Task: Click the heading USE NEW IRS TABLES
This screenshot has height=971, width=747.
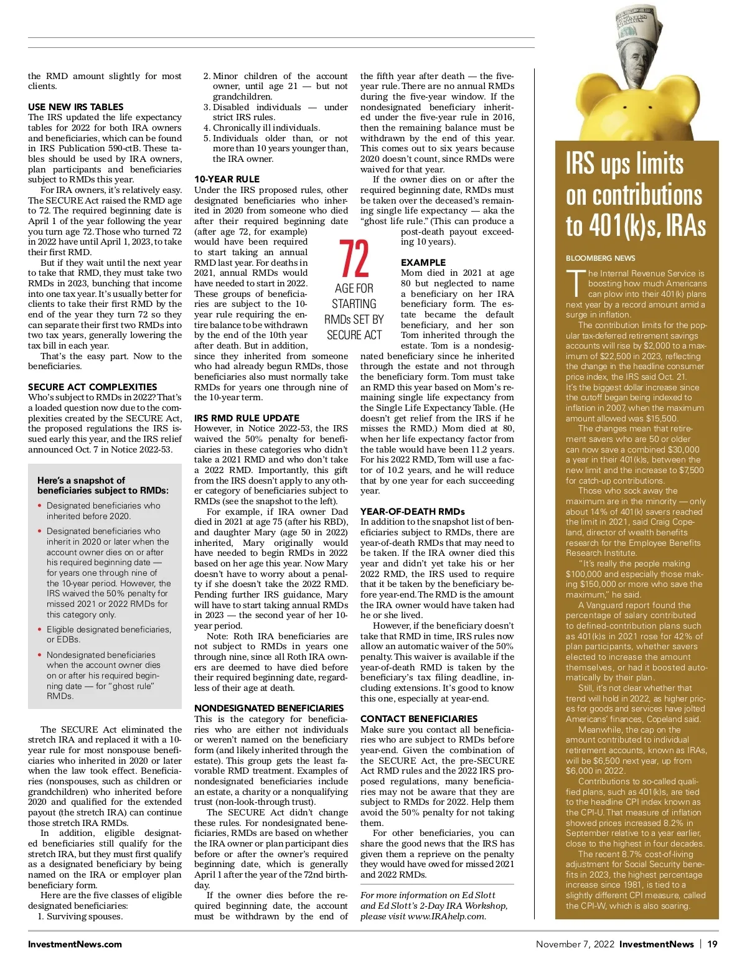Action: pyautogui.click(x=76, y=107)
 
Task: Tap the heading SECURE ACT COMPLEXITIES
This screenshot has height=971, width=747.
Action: pyautogui.click(x=92, y=387)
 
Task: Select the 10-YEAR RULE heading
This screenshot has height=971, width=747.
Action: pyautogui.click(x=227, y=179)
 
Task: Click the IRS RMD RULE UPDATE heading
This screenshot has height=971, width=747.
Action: pyautogui.click(x=247, y=418)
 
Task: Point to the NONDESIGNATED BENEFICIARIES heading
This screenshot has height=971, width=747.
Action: pyautogui.click(x=269, y=708)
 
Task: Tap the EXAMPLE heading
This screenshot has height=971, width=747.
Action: pyautogui.click(x=423, y=263)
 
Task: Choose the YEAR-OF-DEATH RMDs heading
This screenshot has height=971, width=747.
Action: pyautogui.click(x=413, y=512)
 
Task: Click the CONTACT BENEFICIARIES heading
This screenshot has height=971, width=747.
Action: pyautogui.click(x=419, y=719)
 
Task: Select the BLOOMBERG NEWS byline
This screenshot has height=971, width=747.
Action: pyautogui.click(x=600, y=258)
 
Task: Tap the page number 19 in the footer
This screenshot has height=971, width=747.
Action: pyautogui.click(x=712, y=944)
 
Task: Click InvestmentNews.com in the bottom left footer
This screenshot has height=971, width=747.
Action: pyautogui.click(x=75, y=944)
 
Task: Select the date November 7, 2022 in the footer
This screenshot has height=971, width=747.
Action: pyautogui.click(x=575, y=944)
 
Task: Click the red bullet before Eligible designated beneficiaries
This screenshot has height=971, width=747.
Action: pyautogui.click(x=40, y=630)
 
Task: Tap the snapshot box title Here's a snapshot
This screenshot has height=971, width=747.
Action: pyautogui.click(x=81, y=481)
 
